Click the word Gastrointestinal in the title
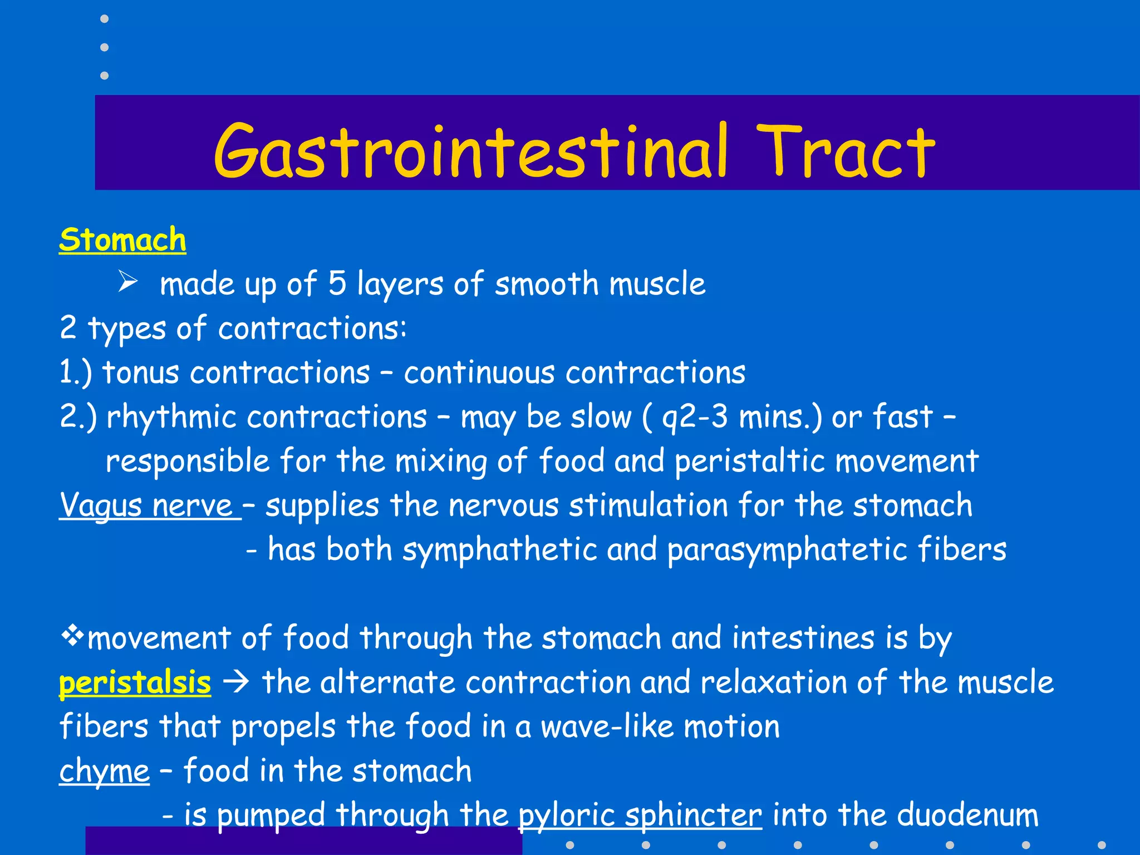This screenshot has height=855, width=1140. (x=470, y=151)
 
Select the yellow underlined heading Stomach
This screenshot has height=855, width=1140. (x=122, y=240)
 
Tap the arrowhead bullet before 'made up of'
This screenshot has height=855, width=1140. (x=127, y=282)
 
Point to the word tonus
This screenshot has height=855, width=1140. (x=141, y=372)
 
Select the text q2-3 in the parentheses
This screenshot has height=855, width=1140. (x=695, y=417)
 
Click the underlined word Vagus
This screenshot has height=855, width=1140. (x=101, y=506)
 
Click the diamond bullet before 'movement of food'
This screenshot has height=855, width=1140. (x=72, y=636)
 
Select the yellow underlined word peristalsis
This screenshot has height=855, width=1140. (x=135, y=682)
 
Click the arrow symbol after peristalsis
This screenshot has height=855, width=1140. (x=236, y=682)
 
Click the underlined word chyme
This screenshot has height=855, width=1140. (x=104, y=772)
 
